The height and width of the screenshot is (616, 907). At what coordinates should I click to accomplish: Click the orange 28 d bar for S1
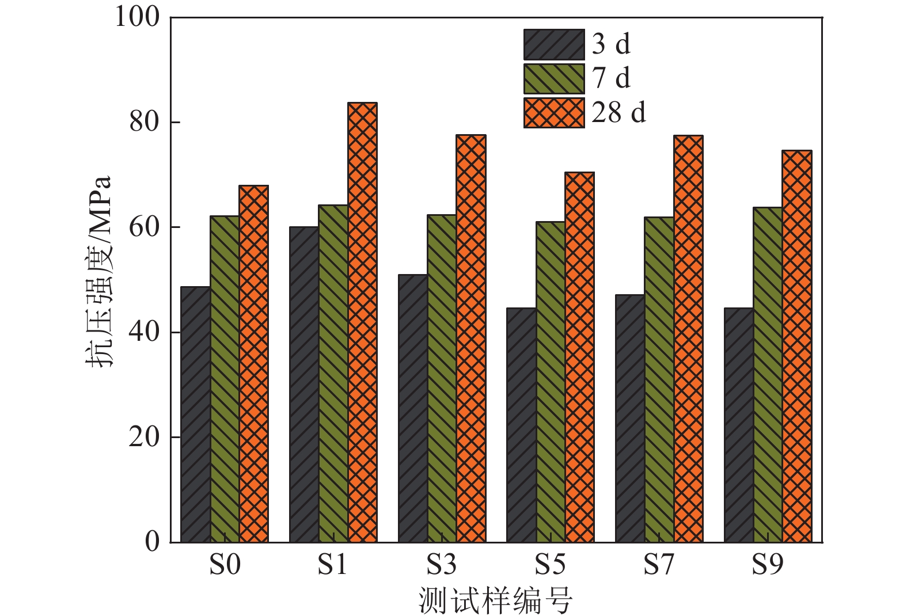click(x=362, y=322)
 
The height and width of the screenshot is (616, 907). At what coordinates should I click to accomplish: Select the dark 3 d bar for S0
click(x=196, y=415)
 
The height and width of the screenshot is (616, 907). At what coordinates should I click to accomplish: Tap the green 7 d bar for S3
click(x=442, y=378)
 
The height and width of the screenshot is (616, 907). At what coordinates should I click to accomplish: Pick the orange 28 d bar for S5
click(x=579, y=357)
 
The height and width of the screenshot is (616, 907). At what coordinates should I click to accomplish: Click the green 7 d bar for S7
click(x=659, y=379)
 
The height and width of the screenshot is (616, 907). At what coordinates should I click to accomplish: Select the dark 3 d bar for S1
click(x=304, y=385)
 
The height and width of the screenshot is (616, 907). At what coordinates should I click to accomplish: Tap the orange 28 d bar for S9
click(x=797, y=346)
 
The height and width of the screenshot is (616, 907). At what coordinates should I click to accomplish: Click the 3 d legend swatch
click(x=554, y=45)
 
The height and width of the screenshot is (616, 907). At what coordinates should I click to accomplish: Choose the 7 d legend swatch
click(x=554, y=79)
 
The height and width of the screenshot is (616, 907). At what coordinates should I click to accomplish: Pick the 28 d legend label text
click(x=618, y=112)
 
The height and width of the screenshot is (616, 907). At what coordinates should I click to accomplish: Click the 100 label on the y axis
click(x=137, y=17)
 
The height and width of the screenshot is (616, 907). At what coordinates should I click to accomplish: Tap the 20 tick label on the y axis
click(x=144, y=437)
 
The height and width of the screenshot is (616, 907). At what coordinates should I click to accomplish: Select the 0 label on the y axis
click(x=152, y=542)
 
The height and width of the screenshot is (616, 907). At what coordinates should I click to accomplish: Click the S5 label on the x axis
click(x=550, y=565)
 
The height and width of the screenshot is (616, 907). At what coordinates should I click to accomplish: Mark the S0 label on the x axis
click(x=224, y=565)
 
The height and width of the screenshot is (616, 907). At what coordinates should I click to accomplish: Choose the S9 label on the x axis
click(x=768, y=565)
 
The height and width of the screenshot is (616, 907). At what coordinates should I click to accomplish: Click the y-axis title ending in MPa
click(x=99, y=271)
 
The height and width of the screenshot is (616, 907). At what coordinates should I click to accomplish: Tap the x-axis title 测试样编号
click(x=495, y=601)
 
